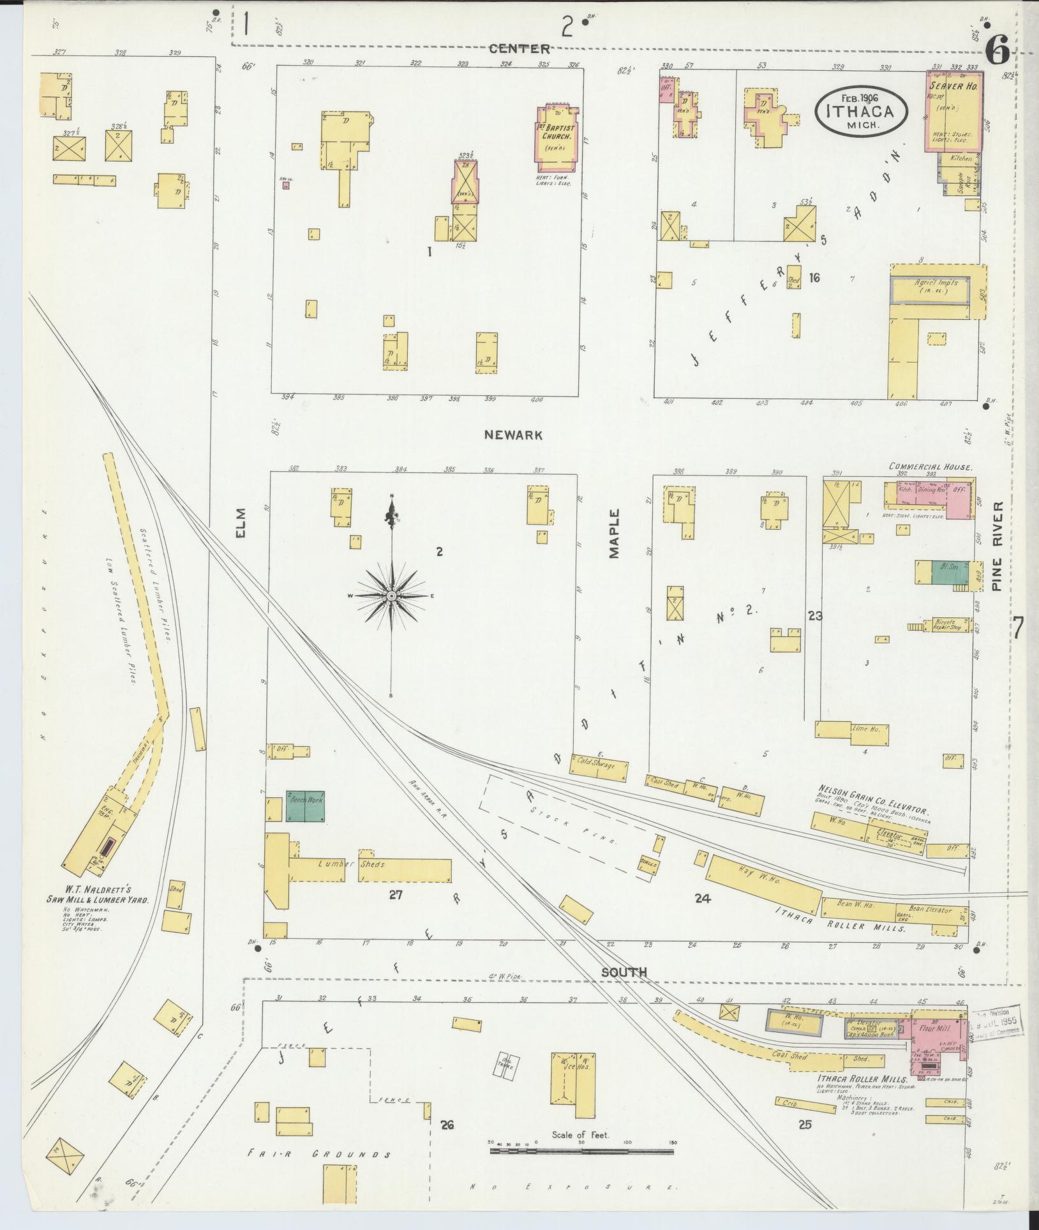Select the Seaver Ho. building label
pos(950,85)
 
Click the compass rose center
pos(391,596)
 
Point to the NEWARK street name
pos(513,435)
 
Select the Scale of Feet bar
pos(581,1152)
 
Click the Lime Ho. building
pos(853,733)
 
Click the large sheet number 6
pos(998,49)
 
